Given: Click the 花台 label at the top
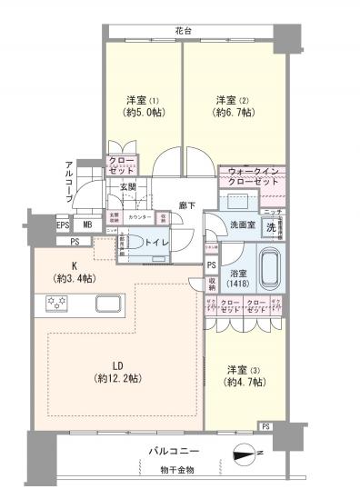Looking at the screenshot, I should point(185,32).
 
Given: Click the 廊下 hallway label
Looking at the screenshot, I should point(187,206).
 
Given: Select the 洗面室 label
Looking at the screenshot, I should point(240,225).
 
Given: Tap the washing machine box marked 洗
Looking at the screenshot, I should point(270,227).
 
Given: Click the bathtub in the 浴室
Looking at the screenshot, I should point(272,270).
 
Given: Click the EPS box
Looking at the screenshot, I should point(63,225).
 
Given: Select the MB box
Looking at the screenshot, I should point(88,225).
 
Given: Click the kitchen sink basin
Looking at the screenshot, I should point(106,304).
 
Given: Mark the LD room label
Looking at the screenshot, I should point(118,373).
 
